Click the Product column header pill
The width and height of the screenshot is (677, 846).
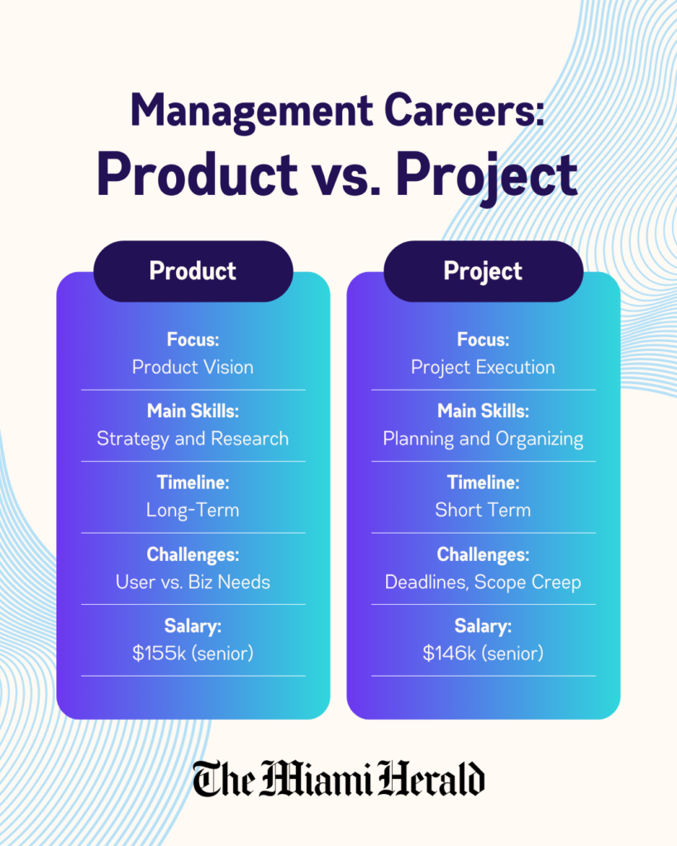pos(193,271)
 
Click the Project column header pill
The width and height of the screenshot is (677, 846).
pos(483,271)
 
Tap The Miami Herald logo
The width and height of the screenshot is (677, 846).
pos(339,779)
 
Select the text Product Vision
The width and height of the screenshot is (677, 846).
pos(193,367)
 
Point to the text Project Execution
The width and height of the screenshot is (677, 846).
pos(483,367)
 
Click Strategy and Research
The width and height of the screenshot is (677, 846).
pos(193,439)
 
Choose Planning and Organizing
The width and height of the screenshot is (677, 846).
pos(483,439)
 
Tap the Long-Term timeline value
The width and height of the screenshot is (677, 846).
pos(193,510)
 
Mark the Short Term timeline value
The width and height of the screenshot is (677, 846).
pos(483,510)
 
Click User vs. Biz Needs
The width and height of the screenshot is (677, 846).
pos(193,582)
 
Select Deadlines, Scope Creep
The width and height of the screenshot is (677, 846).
pos(483,582)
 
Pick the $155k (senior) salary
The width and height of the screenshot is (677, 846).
pos(193,654)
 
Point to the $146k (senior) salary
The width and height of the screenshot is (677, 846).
pos(483,654)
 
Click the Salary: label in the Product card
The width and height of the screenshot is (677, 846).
pos(193,626)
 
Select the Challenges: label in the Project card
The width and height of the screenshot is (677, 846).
pos(483,554)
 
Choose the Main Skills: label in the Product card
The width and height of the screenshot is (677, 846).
pos(193,411)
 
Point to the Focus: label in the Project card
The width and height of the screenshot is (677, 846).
pos(483,340)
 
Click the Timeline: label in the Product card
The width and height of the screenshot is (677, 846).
pos(193,482)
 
